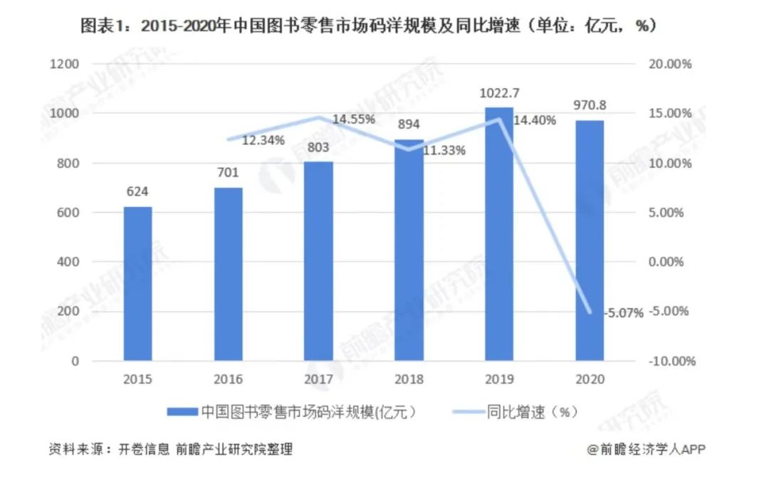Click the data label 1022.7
click(x=499, y=93)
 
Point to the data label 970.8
click(x=590, y=106)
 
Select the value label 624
click(x=137, y=191)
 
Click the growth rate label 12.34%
click(x=263, y=140)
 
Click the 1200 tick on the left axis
click(x=65, y=64)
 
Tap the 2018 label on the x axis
click(x=409, y=379)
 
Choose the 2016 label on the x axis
click(x=228, y=379)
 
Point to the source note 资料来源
click(x=170, y=450)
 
